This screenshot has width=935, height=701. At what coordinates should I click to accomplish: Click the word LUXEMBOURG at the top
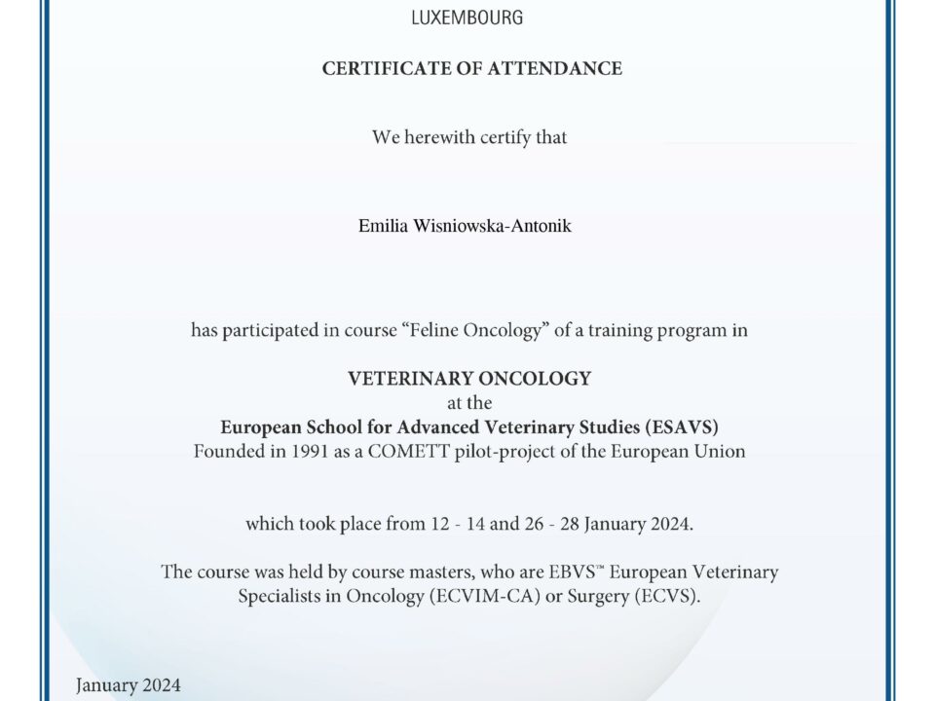point(467,18)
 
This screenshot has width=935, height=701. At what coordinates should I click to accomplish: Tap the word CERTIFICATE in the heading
point(381,69)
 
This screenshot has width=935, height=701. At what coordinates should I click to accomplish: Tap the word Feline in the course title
point(430,330)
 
